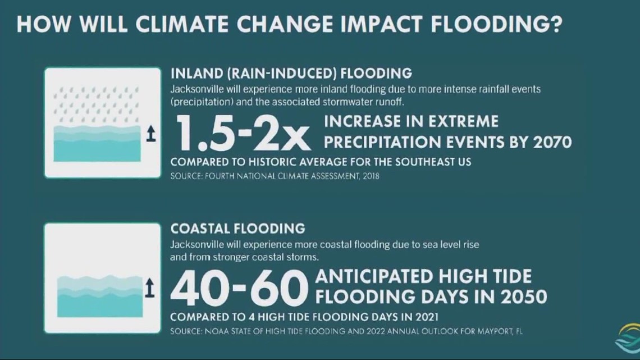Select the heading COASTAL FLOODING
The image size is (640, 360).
[x=237, y=229]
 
